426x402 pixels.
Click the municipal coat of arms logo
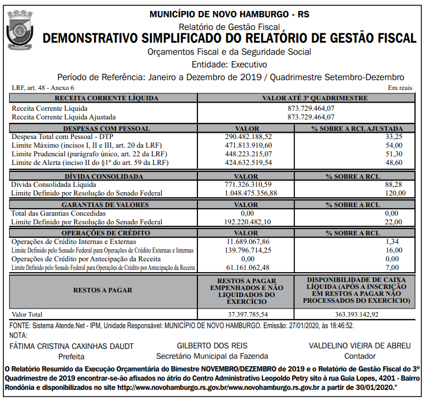click(21, 29)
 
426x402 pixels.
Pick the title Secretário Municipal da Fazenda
click(212, 356)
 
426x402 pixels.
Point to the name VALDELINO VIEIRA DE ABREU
click(360, 345)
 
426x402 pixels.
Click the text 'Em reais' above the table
click(400, 88)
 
